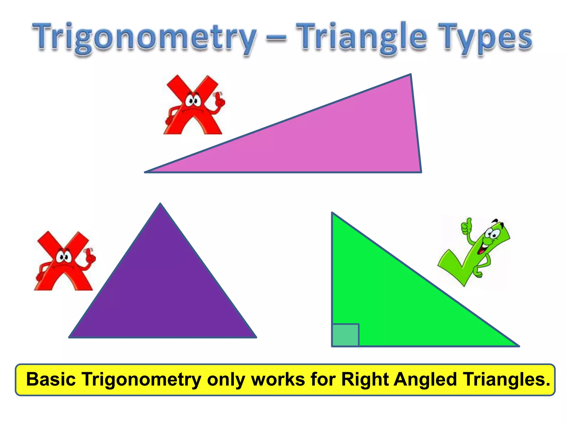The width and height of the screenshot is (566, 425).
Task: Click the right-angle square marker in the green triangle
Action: (x=345, y=335)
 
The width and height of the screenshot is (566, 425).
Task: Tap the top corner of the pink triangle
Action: (x=410, y=75)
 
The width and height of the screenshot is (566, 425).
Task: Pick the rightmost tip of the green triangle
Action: (x=518, y=346)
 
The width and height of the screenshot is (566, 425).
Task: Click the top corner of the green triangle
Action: (x=332, y=213)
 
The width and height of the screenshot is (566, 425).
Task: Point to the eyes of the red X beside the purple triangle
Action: (x=64, y=257)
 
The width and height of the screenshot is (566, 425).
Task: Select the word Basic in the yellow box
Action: (x=51, y=379)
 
